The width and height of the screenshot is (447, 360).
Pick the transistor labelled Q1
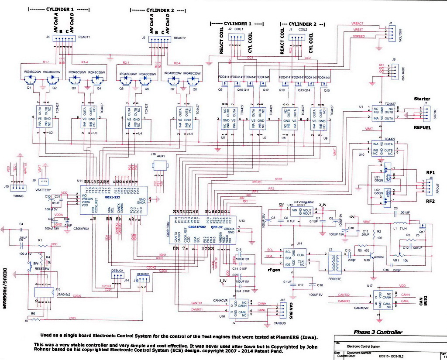pos(31,79)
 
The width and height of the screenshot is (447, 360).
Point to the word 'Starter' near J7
pos(422,99)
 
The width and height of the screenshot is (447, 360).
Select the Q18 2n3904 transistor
pos(374,257)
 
